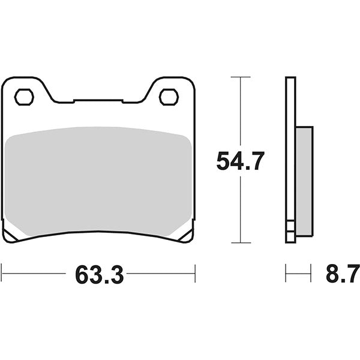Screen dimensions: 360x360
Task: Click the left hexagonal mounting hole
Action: (x=23, y=96)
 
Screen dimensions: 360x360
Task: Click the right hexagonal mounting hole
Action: (x=168, y=96)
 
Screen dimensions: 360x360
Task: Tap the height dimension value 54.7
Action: (x=240, y=161)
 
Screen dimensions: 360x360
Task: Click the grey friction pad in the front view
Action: (x=99, y=180)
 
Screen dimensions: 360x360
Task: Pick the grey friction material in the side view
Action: (x=304, y=180)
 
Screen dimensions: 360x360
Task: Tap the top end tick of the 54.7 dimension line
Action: (x=240, y=77)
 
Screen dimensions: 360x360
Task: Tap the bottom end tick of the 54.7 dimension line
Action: (x=240, y=243)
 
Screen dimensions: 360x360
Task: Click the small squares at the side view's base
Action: (x=290, y=230)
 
